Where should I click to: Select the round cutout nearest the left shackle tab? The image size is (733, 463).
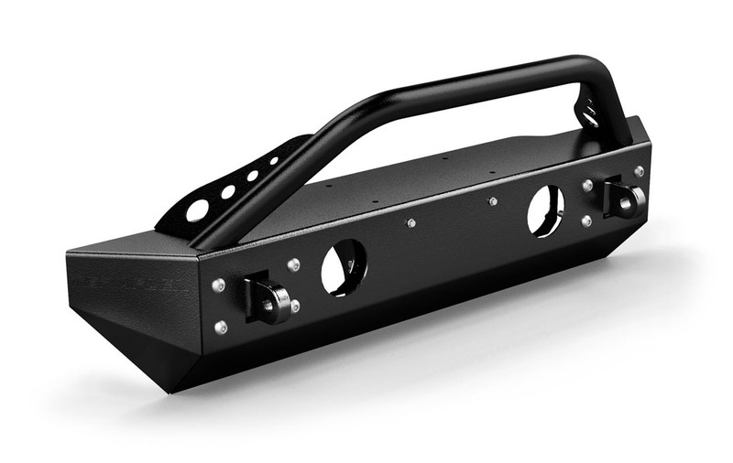coord(344,267)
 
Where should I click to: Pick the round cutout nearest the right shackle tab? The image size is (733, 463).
coord(545,210)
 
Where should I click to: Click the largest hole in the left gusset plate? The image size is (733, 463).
coord(197,210)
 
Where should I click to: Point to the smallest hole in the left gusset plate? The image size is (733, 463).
coord(273,161)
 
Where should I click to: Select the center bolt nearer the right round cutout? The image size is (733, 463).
coord(493,200)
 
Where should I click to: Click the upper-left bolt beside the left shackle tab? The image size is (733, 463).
coord(218,285)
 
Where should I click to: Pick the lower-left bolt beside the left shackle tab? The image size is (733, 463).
coord(221,326)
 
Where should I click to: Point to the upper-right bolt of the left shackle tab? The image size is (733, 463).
coord(293,265)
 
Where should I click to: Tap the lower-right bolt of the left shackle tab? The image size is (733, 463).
coord(295,305)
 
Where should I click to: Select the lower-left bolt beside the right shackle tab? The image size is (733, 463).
coord(586,221)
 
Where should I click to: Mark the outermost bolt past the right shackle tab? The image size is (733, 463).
coord(639,171)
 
